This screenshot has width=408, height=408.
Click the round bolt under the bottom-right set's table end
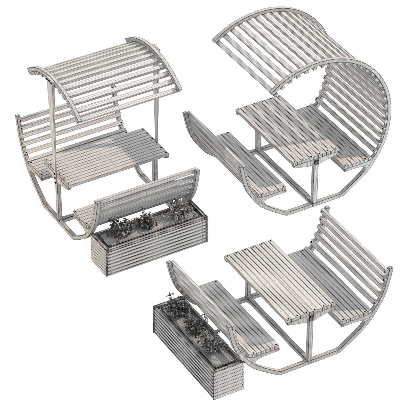[x=311, y=319]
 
